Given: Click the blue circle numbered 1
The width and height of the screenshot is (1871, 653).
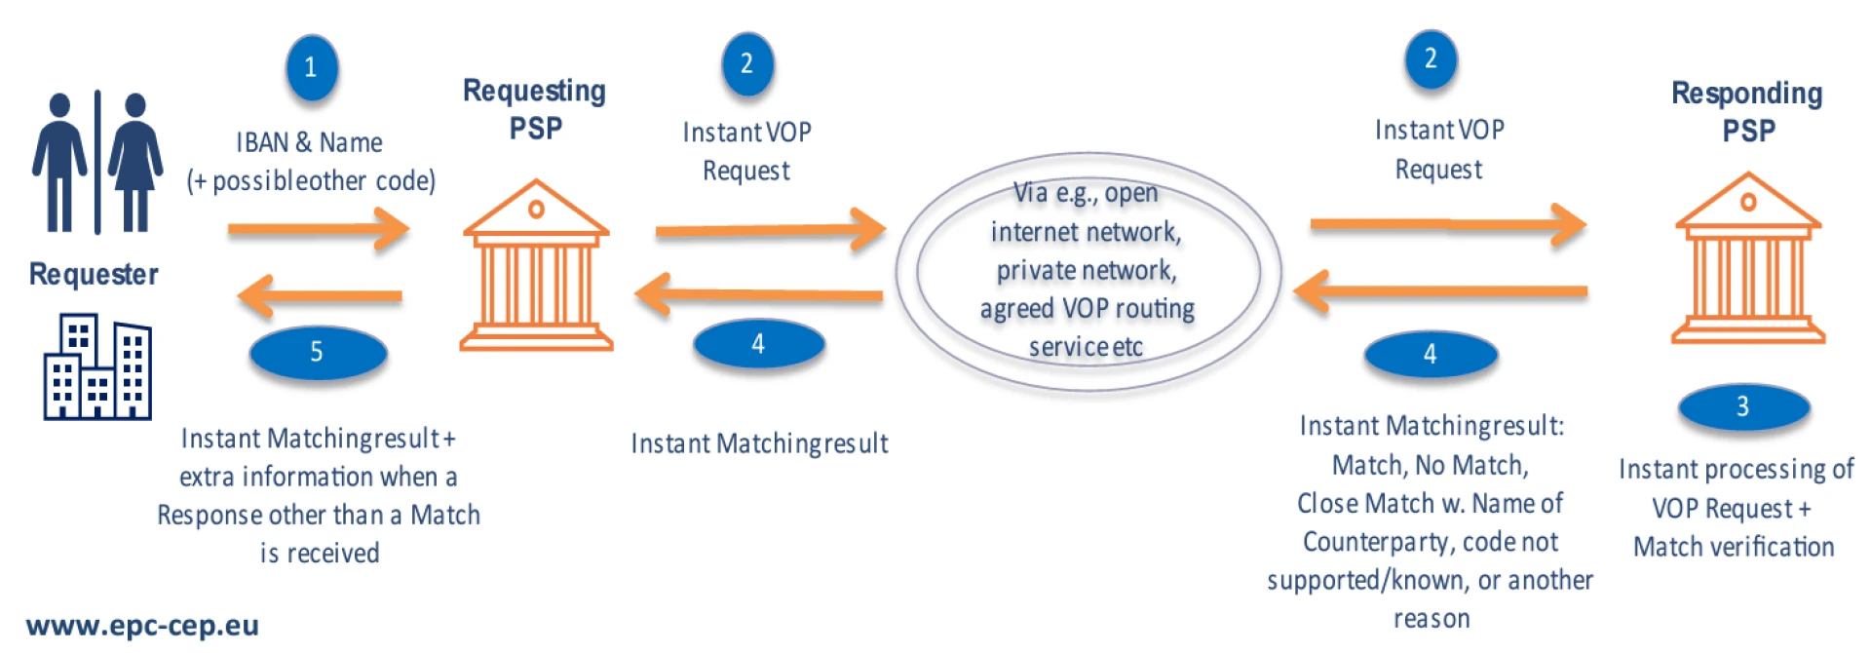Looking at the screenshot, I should tap(311, 67).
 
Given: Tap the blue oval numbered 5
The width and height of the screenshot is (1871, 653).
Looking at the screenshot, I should tap(318, 352).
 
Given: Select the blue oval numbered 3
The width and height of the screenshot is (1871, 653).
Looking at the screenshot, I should tap(1743, 406).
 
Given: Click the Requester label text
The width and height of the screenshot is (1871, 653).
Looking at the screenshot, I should tap(94, 275).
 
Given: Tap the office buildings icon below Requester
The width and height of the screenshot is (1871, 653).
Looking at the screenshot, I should tap(97, 367).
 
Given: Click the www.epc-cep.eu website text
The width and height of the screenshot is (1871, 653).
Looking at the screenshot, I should tap(142, 626).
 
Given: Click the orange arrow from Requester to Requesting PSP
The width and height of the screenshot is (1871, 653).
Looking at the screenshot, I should tap(318, 230).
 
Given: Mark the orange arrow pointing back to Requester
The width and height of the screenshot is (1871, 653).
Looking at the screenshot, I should tap(320, 295).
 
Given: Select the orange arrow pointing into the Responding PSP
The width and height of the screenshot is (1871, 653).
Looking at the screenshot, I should tap(1447, 225).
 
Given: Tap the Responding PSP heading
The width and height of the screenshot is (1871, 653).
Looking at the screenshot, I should tap(1747, 111).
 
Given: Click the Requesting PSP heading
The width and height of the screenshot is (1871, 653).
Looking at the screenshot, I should tap(534, 109).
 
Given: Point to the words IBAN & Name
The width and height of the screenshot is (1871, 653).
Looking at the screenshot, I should tap(309, 143).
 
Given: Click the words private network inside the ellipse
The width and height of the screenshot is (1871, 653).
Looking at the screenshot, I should tap(1086, 270).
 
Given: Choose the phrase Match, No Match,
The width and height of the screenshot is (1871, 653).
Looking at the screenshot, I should tap(1430, 465).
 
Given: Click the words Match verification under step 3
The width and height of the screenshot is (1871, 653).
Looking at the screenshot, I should tap(1734, 547).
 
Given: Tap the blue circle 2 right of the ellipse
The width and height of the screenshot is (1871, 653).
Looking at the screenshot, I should tap(1431, 59).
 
